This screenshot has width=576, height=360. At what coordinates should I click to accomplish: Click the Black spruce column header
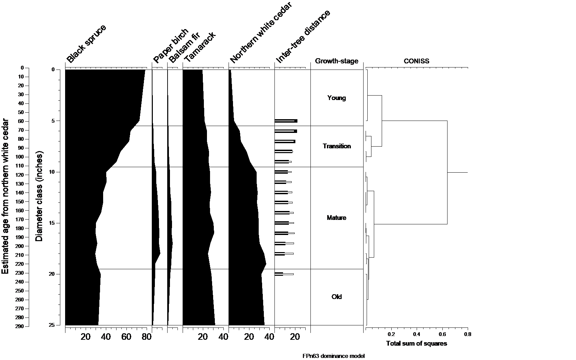[x=86, y=44]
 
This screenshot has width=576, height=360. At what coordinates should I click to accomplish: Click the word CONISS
[x=416, y=61]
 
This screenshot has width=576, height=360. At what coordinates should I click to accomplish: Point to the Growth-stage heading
[x=336, y=61]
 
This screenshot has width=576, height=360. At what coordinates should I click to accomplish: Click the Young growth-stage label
[x=336, y=98]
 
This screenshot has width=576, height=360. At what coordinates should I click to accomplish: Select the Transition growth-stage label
[x=336, y=146]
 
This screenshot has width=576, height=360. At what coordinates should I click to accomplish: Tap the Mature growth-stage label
[x=336, y=218]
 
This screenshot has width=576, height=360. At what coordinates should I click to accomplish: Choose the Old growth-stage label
[x=336, y=297]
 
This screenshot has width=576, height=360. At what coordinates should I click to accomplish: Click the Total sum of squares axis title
[x=416, y=344]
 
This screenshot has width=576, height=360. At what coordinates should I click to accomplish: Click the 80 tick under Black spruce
[x=147, y=337]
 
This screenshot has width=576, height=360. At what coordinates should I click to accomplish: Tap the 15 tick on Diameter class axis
[x=52, y=223]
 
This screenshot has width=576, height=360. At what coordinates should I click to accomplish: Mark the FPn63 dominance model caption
[x=333, y=356]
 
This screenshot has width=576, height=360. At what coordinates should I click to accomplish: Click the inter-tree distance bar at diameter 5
[x=286, y=121]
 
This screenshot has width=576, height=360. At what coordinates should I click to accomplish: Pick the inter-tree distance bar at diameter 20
[x=284, y=274]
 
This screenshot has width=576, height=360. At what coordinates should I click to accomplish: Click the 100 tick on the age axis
[x=19, y=157]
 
